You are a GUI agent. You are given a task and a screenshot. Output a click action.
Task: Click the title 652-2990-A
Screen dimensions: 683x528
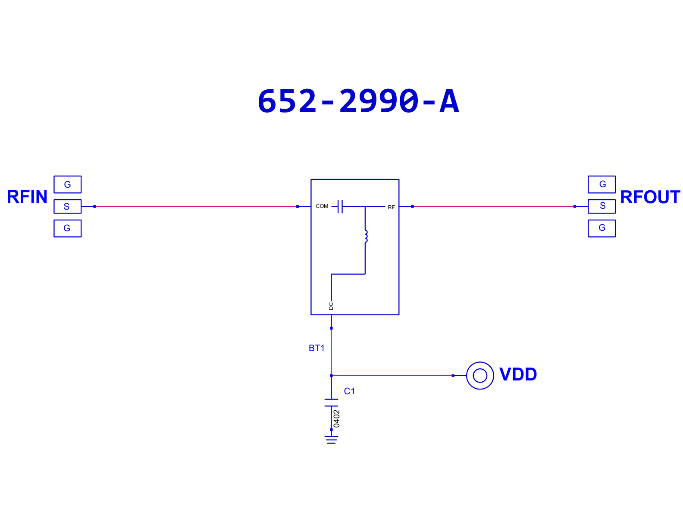[358, 101]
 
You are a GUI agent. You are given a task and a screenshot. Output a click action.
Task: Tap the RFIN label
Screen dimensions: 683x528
[27, 197]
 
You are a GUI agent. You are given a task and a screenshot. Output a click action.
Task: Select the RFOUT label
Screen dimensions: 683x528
[650, 197]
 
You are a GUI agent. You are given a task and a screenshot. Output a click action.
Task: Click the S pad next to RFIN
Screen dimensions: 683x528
[68, 207]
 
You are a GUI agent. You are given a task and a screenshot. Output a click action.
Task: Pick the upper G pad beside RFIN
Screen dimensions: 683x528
[68, 185]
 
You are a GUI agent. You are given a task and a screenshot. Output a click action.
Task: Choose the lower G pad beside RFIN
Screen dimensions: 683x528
[68, 229]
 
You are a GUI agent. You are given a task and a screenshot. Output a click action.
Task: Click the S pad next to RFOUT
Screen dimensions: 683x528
[602, 207]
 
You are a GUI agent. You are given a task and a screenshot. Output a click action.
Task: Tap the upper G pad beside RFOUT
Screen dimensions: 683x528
[602, 185]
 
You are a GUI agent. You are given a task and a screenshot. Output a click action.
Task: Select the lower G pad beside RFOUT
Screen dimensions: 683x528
[602, 229]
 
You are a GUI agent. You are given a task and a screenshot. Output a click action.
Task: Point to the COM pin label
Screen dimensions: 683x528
[322, 206]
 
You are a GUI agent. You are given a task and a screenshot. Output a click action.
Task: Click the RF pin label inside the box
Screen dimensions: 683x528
[391, 207]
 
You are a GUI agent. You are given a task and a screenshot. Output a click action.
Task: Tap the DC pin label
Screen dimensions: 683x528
[331, 306]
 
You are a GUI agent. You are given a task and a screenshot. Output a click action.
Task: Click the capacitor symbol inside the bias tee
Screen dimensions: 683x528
[340, 207]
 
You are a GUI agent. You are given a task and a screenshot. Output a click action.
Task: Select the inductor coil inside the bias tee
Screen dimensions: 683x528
[366, 236]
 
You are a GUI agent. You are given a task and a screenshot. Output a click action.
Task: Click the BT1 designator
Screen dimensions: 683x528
[316, 348]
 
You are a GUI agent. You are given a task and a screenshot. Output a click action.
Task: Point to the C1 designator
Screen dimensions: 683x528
[349, 391]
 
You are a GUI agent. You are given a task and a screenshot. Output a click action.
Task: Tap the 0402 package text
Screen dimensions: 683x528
[337, 418]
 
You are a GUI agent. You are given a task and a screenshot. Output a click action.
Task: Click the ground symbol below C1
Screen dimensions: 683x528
[331, 440]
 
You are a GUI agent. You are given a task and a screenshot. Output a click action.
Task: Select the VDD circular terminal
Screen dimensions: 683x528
[480, 362]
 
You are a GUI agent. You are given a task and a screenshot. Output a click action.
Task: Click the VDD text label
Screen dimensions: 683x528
[518, 374]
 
